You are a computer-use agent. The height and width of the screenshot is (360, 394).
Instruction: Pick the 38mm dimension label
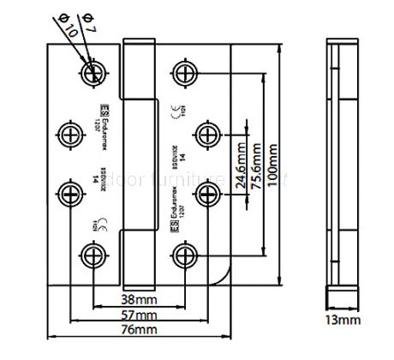point(138,301)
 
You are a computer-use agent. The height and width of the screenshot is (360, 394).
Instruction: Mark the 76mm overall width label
point(138,329)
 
